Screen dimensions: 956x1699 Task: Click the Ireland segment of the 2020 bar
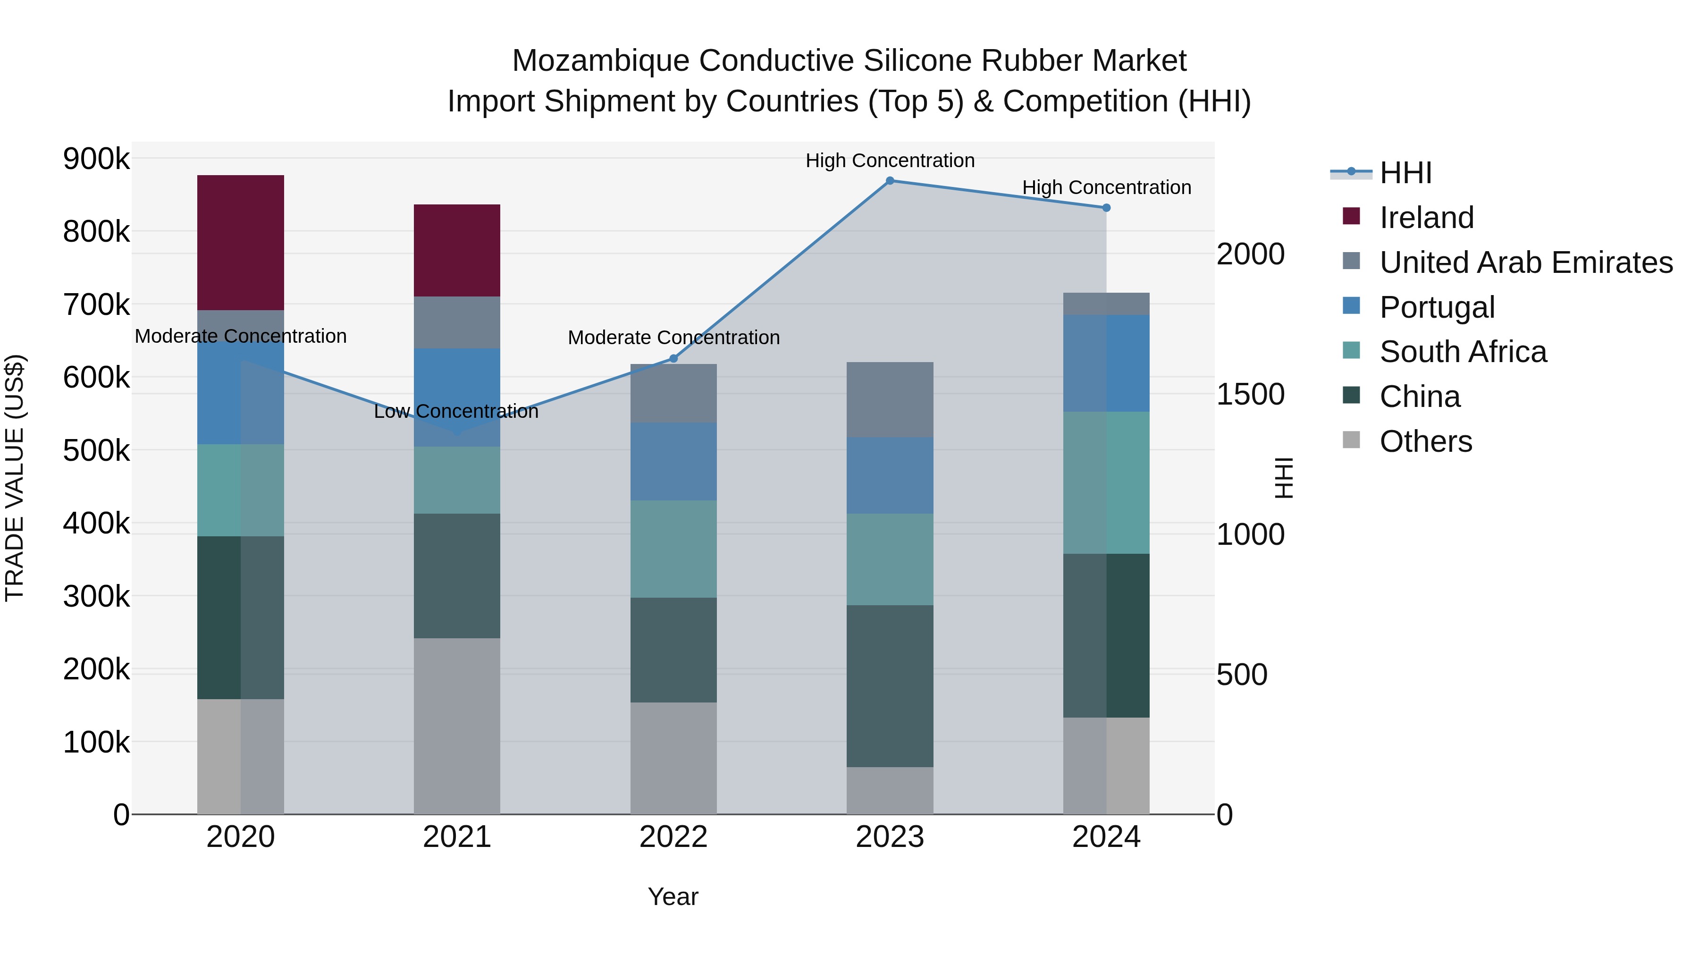pos(240,242)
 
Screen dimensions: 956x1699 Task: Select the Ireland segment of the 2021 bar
pos(456,250)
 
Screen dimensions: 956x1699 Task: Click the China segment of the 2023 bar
pos(890,685)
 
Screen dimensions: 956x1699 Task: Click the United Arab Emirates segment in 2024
pos(1106,304)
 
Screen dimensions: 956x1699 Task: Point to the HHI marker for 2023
pos(890,181)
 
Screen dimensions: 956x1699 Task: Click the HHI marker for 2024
pos(1106,208)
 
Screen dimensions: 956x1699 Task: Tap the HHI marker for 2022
pos(673,359)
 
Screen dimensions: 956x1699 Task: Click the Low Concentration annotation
pos(456,412)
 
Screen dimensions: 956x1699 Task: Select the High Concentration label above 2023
pos(890,161)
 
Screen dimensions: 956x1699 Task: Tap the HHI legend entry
pos(1405,173)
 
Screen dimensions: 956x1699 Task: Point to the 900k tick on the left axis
pos(96,159)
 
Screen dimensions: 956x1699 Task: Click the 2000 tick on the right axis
pos(1251,254)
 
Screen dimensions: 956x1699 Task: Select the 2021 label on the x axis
pos(456,837)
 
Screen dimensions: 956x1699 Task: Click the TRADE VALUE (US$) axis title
pos(15,478)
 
